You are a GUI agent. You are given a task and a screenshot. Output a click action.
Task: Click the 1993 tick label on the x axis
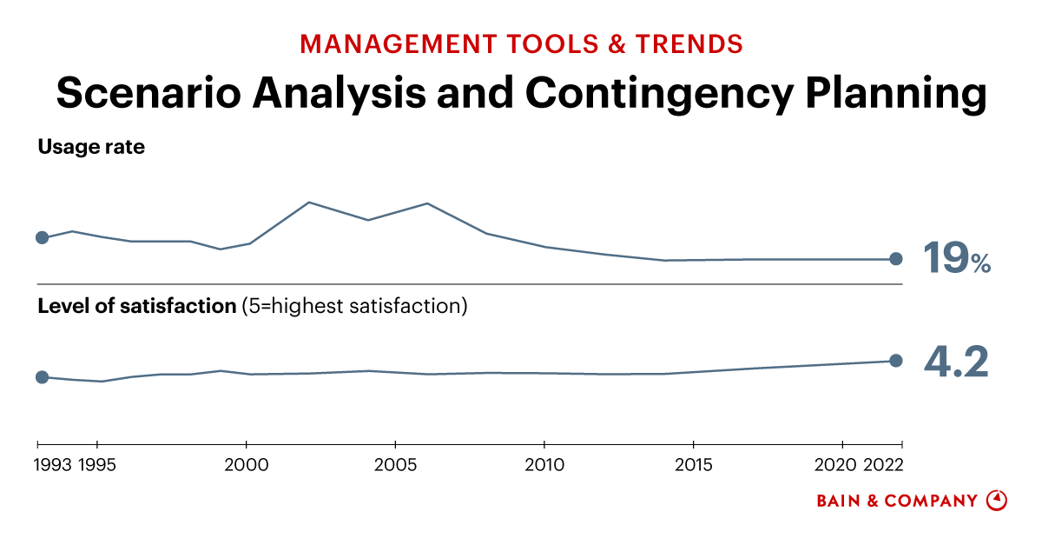tap(54, 464)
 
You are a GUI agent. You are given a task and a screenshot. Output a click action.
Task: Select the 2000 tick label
tap(247, 464)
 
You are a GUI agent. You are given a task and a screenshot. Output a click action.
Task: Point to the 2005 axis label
tap(395, 464)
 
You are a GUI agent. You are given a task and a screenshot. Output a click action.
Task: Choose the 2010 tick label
tap(544, 464)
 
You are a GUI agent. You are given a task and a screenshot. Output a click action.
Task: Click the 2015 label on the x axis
tap(693, 464)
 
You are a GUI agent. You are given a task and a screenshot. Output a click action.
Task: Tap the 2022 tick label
tap(884, 464)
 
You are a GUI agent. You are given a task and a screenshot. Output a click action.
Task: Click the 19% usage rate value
tap(955, 258)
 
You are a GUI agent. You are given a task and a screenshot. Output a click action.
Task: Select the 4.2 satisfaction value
tap(955, 361)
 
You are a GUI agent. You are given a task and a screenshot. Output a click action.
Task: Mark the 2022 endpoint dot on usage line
tap(896, 259)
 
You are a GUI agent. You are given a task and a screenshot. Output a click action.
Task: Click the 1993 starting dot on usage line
tap(41, 237)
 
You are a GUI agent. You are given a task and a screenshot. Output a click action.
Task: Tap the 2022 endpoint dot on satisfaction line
tap(896, 361)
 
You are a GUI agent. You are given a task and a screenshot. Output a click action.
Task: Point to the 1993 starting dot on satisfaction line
tap(41, 377)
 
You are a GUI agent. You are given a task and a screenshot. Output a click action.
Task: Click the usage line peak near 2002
tap(309, 203)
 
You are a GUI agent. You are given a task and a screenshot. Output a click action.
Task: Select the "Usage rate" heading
tap(91, 147)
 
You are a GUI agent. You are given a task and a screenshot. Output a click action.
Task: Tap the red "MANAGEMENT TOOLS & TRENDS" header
tap(521, 43)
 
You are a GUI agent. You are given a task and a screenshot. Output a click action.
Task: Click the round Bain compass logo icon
tap(997, 501)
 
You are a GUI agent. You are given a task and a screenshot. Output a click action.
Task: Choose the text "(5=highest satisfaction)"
tap(354, 306)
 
